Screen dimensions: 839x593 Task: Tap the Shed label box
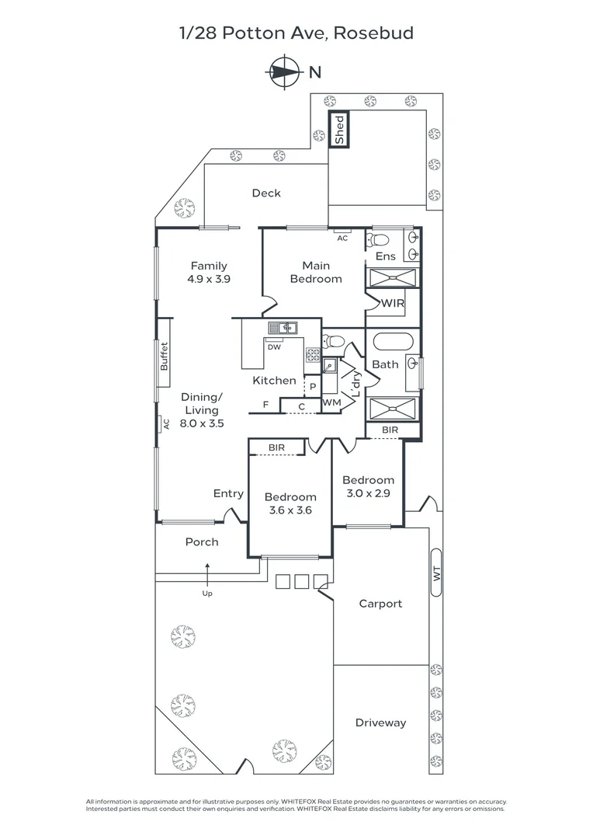pos(339,130)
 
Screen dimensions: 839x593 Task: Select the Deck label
pos(266,193)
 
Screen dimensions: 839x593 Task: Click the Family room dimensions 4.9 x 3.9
pos(209,278)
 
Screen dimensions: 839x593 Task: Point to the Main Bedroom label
pos(315,272)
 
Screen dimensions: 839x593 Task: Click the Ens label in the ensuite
pos(386,256)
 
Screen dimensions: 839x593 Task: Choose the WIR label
pos(393,303)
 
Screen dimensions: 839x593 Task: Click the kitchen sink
pos(283,328)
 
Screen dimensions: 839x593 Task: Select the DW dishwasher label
pos(273,347)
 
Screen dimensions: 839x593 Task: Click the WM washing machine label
pos(331,403)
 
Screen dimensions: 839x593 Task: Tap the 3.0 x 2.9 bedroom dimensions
pos(369,493)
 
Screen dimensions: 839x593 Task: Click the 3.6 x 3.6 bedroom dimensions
pos(290,510)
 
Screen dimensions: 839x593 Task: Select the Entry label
pos(228,493)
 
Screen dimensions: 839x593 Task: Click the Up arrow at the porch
pos(207,577)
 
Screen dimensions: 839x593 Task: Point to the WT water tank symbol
pos(436,574)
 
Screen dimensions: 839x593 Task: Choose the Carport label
pos(380,604)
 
